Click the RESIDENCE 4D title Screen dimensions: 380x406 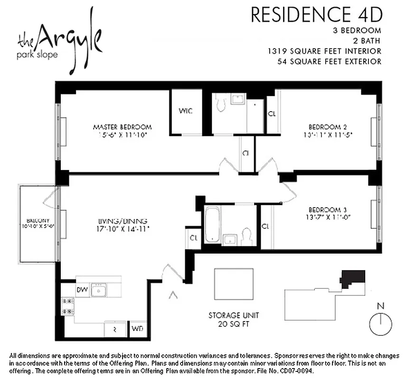pyautogui.click(x=316, y=15)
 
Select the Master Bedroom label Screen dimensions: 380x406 pyautogui.click(x=122, y=127)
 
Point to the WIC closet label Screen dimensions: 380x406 pyautogui.click(x=185, y=111)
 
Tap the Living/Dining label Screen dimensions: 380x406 pyautogui.click(x=123, y=221)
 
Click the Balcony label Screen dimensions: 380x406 pyautogui.click(x=38, y=221)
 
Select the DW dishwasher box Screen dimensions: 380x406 pyautogui.click(x=81, y=289)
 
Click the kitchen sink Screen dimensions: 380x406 pyautogui.click(x=99, y=290)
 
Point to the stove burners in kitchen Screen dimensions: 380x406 pyautogui.click(x=66, y=306)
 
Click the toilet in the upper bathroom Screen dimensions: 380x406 pyautogui.click(x=220, y=103)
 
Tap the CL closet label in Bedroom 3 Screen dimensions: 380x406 pyautogui.click(x=265, y=226)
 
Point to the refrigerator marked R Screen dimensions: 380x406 pyautogui.click(x=114, y=328)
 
